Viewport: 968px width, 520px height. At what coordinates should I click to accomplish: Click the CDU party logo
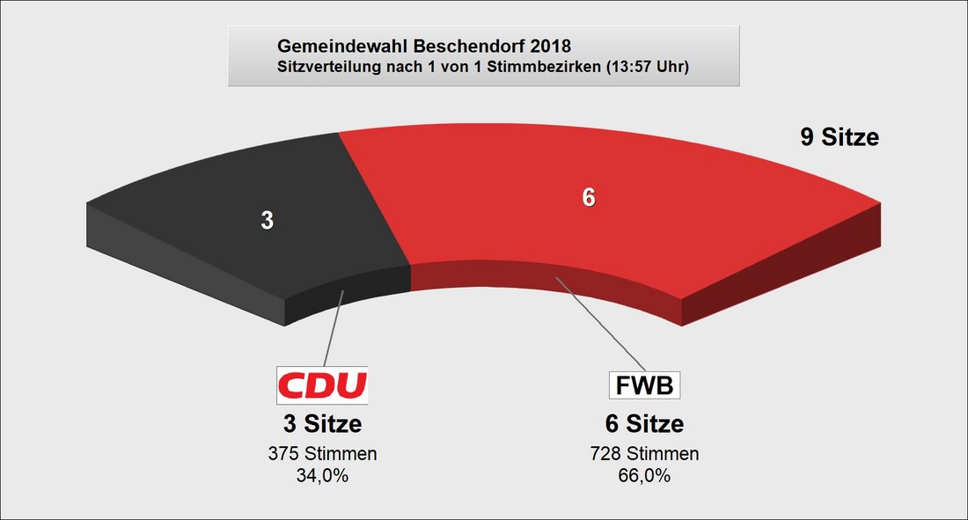pos(322,385)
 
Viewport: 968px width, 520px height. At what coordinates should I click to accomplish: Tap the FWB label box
pos(644,385)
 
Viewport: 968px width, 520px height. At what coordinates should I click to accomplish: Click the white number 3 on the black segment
pos(268,221)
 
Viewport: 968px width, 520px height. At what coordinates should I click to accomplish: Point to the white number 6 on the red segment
pos(589,198)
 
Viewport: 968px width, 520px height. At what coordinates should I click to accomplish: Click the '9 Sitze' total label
pos(840,137)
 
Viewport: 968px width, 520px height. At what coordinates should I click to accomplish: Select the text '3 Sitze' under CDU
pos(322,424)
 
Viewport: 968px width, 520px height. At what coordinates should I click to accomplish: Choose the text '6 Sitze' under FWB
pos(644,424)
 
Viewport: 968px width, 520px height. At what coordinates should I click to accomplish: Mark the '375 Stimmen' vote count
pos(322,454)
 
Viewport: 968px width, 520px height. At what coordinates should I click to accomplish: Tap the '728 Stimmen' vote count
pos(644,454)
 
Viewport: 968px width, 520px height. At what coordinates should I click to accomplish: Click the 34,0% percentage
pos(322,476)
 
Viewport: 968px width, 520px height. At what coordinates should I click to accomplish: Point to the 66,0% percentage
pos(644,476)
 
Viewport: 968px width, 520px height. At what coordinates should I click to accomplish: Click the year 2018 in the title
pos(551,47)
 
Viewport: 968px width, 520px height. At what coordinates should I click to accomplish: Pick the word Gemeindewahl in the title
pos(342,47)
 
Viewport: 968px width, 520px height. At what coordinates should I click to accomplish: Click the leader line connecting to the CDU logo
pos(334,328)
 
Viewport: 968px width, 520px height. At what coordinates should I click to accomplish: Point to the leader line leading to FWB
pos(600,324)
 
